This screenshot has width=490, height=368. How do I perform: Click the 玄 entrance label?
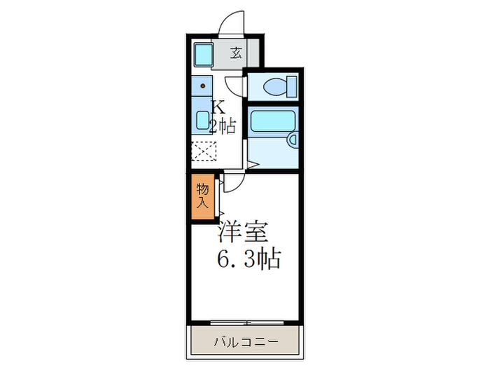point(237,52)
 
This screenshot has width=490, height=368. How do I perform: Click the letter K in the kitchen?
point(218,108)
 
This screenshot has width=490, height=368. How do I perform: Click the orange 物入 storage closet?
point(202,197)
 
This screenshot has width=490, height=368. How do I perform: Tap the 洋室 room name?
point(243,232)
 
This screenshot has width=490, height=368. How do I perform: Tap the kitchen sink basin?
point(203,121)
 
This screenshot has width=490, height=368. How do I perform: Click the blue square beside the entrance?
point(204,54)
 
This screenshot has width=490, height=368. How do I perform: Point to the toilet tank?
point(291,86)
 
